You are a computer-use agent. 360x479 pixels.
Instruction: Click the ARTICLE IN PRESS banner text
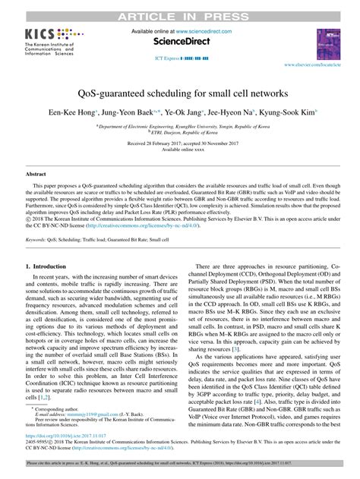click(180, 5)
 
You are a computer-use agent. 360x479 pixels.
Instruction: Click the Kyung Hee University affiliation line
click(180, 124)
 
